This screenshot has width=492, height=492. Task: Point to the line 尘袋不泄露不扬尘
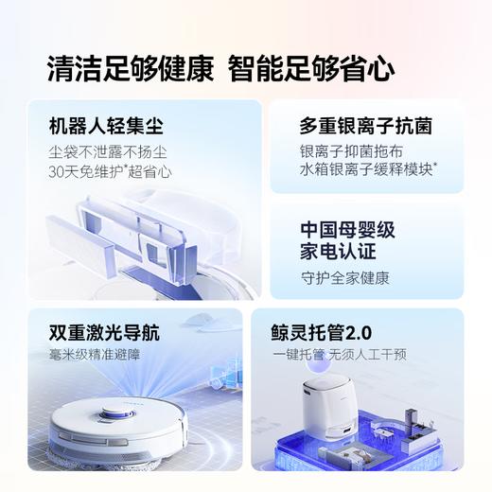(106, 151)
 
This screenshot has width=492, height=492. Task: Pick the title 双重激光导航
(101, 334)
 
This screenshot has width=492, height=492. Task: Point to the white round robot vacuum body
(114, 435)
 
